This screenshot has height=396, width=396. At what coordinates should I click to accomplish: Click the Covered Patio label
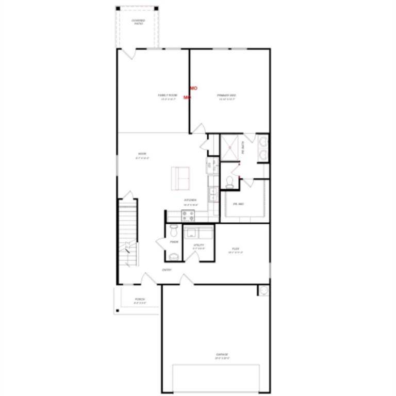138,22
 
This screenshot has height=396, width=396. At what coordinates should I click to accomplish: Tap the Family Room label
167,96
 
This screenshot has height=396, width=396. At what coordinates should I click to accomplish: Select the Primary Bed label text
226,96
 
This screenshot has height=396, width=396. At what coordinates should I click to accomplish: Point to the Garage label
222,355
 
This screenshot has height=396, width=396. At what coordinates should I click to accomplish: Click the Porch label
140,300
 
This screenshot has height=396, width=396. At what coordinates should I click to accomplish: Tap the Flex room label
235,250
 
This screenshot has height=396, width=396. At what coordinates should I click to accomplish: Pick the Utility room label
199,246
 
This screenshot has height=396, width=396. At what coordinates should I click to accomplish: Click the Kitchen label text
190,201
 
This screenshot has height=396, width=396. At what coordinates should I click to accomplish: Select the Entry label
167,270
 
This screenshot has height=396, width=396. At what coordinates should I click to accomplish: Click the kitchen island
181,178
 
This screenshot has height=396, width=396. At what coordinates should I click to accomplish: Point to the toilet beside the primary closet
229,181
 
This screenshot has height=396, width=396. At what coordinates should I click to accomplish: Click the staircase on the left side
128,235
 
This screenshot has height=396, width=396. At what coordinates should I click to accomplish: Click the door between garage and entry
186,279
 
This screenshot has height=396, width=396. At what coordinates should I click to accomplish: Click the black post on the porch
118,310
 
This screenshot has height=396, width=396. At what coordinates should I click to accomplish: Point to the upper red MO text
194,89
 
